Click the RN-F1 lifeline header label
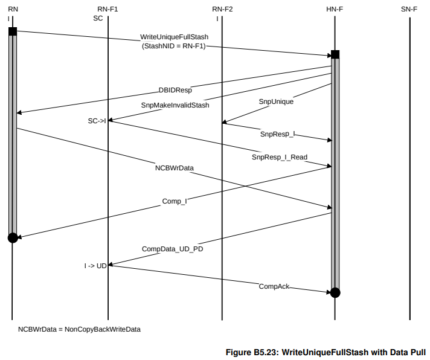tap(107, 9)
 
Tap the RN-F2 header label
tap(222, 9)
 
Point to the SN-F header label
tap(409, 9)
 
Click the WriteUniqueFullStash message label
tap(174, 37)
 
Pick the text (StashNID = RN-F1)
tap(174, 46)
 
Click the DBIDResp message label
tap(175, 91)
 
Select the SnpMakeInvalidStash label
tap(175, 105)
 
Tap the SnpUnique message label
tap(276, 101)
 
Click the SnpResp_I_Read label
tap(280, 157)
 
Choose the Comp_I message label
tap(174, 201)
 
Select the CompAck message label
tap(274, 286)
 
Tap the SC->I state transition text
tap(97, 121)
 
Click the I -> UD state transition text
tap(95, 265)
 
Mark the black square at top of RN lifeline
tap(13, 31)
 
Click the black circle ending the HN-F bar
tap(335, 293)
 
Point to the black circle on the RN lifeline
tap(13, 237)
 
